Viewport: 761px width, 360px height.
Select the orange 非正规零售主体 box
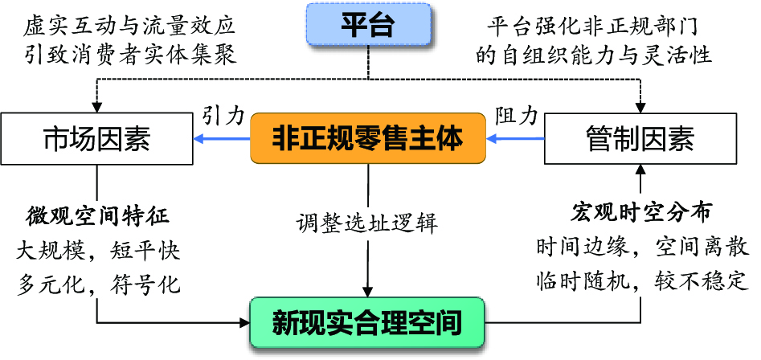[369, 138]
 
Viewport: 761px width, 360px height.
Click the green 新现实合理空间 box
[367, 323]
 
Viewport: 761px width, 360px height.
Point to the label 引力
[223, 115]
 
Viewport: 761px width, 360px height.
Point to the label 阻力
[516, 115]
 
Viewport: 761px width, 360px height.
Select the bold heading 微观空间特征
[97, 216]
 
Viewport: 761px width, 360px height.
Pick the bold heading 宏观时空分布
[640, 212]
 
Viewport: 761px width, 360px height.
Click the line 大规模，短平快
[98, 251]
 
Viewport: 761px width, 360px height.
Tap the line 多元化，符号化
[98, 284]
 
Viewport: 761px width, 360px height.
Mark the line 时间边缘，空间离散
[640, 247]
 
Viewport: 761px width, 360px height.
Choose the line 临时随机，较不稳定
[640, 281]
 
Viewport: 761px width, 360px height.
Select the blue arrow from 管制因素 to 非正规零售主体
[516, 140]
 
